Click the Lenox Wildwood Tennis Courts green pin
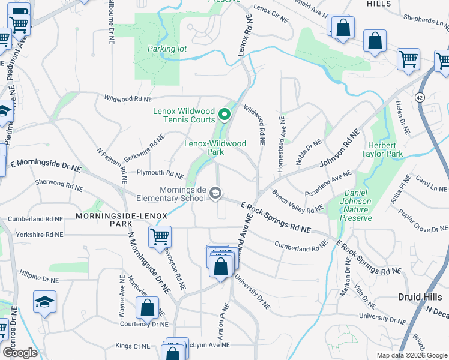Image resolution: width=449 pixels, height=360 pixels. click(x=224, y=113)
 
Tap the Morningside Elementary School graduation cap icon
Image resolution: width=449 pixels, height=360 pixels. click(x=215, y=193)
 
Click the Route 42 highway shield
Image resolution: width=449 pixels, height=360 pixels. click(x=419, y=97)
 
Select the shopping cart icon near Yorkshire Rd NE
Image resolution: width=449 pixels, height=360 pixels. click(x=160, y=236)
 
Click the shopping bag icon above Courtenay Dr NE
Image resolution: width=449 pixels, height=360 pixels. click(x=147, y=308)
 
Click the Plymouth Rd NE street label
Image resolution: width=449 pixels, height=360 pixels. click(x=160, y=175)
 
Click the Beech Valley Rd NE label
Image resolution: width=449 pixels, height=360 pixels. click(x=298, y=202)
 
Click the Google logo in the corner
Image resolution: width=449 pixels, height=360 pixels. click(x=20, y=352)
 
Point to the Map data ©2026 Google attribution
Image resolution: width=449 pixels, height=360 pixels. click(x=411, y=355)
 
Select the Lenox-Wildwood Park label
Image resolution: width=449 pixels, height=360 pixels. click(x=215, y=148)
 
